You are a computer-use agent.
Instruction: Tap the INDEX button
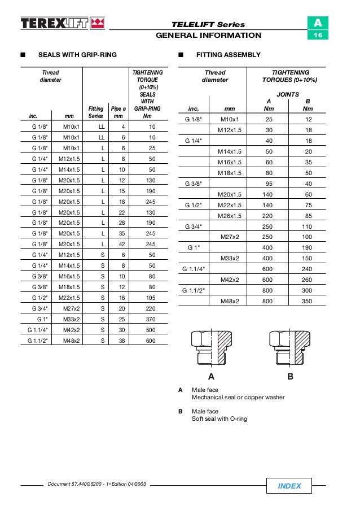tap(289, 486)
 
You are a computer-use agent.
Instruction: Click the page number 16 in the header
tap(318, 36)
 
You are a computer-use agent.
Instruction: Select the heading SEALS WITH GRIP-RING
tap(77, 55)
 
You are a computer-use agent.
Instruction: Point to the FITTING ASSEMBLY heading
tap(228, 55)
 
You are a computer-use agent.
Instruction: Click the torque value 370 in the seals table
tap(151, 319)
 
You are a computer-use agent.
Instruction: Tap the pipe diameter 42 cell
tap(118, 244)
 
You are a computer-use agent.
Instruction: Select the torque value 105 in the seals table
tap(151, 297)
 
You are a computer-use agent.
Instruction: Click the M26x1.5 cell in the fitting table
tap(230, 216)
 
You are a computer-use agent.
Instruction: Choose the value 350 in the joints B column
tap(308, 302)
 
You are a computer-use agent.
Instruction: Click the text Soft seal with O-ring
tap(219, 419)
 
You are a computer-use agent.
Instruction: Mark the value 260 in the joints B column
tap(308, 280)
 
